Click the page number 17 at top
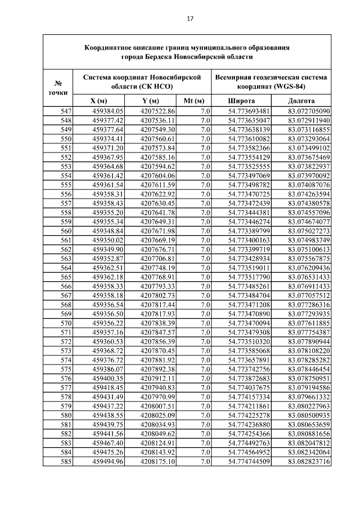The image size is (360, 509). (190, 19)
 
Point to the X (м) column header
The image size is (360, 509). (101, 100)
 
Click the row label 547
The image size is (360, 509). (66, 111)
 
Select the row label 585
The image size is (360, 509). (66, 462)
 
